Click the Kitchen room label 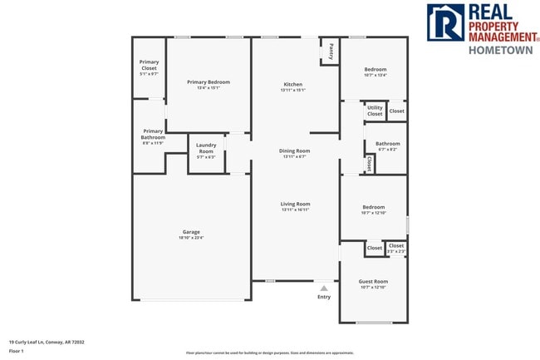coord(293,85)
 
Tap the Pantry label coord(331,51)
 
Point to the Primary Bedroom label coord(209,82)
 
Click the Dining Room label coord(294,150)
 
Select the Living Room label coord(295,204)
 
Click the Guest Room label coord(374,281)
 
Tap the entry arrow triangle coord(324,288)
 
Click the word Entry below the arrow coord(324,297)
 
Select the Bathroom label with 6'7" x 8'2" coord(387,144)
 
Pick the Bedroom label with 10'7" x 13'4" coord(375,69)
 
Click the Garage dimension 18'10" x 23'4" coord(191,238)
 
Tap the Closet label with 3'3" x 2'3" coord(396,246)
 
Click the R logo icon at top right coord(445,22)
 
